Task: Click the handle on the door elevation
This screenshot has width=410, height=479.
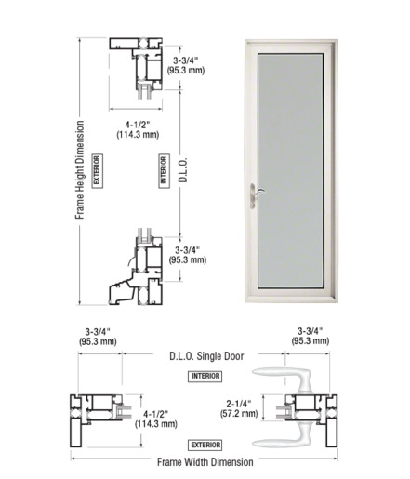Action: coord(253,196)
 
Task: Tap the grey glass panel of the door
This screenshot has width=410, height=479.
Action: coord(290,171)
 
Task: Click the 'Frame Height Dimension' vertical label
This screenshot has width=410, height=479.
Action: coord(80,170)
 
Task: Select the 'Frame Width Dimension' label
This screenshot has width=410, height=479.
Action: coord(205,462)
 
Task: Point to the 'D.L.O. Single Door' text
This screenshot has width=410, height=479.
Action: coord(206,356)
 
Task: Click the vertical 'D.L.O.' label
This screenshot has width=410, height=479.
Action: coord(183,170)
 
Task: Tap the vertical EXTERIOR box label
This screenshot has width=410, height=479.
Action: coord(98,171)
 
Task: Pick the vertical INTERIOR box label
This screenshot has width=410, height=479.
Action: coord(164,171)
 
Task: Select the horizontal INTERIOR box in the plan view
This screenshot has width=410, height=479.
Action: coord(205,376)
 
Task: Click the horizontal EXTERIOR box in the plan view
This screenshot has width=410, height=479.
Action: coord(205,445)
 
